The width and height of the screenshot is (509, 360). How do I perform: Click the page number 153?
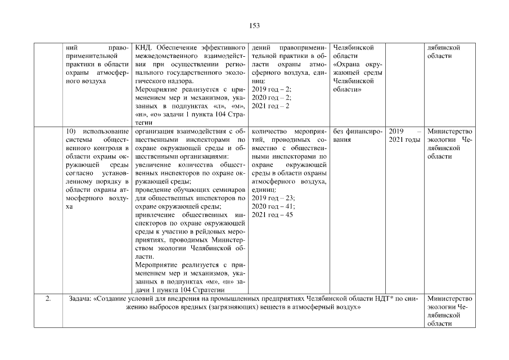pyautogui.click(x=254, y=25)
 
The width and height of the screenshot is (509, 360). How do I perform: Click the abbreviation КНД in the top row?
pyautogui.click(x=144, y=47)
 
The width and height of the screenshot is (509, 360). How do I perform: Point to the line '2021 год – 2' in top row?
pyautogui.click(x=271, y=106)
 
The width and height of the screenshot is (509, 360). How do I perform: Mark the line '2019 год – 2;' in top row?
pyautogui.click(x=271, y=89)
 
